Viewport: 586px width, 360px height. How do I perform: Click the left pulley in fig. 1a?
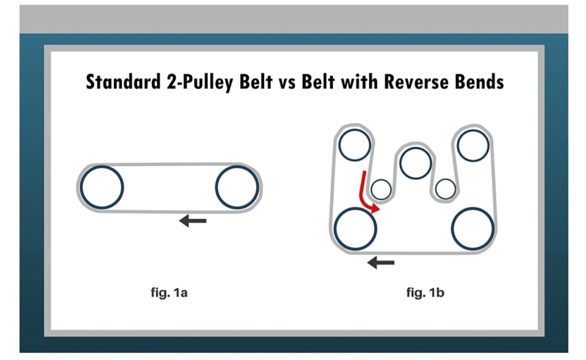[x=102, y=187]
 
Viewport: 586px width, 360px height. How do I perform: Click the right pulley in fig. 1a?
[x=237, y=187]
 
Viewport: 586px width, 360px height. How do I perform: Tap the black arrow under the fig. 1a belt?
[x=193, y=221]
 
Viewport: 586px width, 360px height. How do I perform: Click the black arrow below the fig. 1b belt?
[x=381, y=263]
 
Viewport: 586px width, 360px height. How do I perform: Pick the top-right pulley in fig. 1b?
[x=473, y=146]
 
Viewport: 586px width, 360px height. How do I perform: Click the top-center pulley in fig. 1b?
[x=415, y=163]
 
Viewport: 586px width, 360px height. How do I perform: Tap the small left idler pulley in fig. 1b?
[x=381, y=189]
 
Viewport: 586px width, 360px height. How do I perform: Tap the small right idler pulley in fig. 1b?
[x=445, y=189]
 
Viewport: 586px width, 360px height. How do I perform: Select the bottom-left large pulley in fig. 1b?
[x=356, y=228]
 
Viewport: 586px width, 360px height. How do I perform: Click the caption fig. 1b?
[x=425, y=294]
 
